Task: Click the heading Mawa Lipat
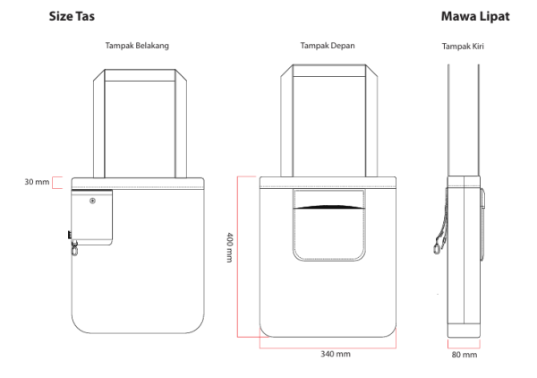click(476, 17)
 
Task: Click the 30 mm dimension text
click(36, 183)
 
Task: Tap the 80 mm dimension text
click(465, 355)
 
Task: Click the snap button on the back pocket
click(93, 202)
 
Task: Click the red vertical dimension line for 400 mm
click(238, 256)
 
